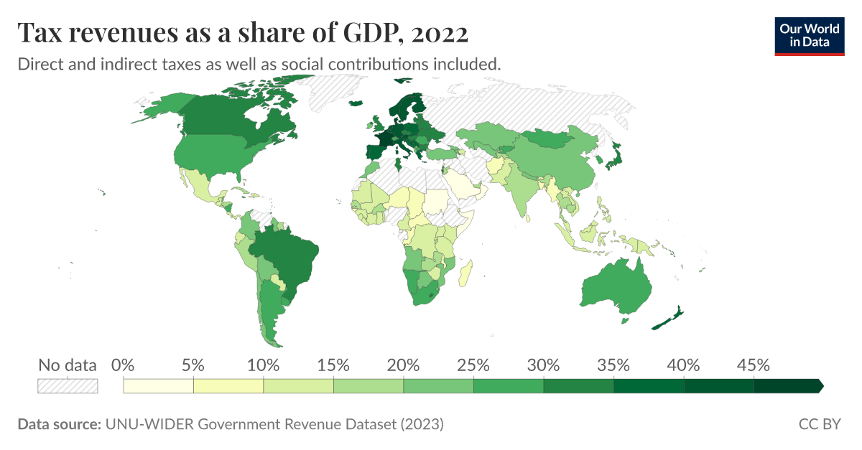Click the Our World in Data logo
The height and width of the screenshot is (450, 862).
[x=809, y=35]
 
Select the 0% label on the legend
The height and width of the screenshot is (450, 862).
[x=124, y=365]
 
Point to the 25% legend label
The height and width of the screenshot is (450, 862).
[x=473, y=365]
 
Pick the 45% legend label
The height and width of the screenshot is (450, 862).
[x=754, y=365]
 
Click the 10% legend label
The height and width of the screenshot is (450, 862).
[x=264, y=365]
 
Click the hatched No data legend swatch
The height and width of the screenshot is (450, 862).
[x=67, y=386]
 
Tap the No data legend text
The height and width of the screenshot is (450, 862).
[x=67, y=365]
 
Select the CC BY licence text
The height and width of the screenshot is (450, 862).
[x=819, y=424]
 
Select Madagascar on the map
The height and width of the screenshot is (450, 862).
[x=466, y=273]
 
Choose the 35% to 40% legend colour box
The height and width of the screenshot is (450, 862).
[x=649, y=386]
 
